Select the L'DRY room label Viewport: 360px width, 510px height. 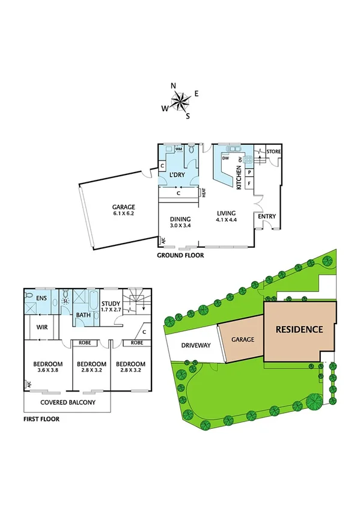175,175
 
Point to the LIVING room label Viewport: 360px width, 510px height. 227,214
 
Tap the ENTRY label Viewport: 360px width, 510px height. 266,216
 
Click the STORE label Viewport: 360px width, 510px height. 273,151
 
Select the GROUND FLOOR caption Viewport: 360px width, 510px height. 180,255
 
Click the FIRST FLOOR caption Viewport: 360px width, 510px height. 41,419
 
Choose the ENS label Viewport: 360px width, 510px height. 41,297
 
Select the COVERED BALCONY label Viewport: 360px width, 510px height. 67,402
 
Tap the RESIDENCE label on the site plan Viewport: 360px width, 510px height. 299,330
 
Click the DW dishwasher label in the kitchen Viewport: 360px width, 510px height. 225,158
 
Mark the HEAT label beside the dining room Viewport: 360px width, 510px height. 204,193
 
